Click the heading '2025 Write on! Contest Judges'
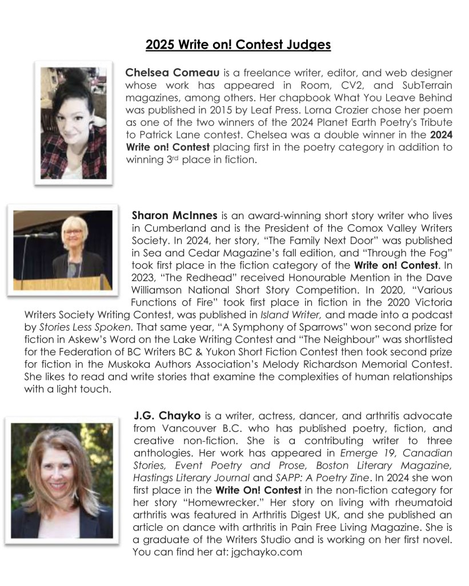pyautogui.click(x=238, y=45)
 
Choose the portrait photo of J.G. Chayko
pyautogui.click(x=62, y=480)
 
